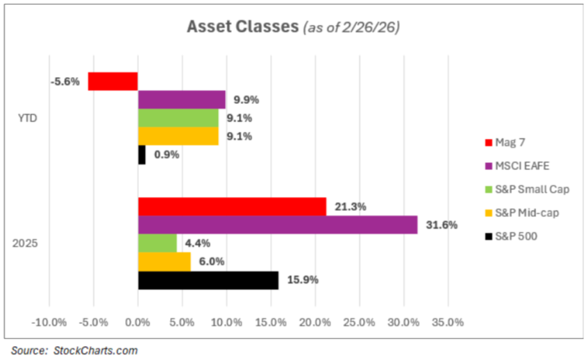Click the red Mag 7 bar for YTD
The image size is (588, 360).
point(112,81)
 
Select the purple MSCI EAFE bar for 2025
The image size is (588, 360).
point(278,225)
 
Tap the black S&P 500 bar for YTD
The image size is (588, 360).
point(142,155)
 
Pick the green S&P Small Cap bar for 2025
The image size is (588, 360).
point(158,243)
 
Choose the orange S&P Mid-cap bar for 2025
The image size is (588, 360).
point(165,262)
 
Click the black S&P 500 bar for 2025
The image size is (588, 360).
point(208,280)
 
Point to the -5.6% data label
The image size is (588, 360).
point(65,81)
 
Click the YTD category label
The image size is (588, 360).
point(27,118)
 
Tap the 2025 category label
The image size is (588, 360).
point(27,243)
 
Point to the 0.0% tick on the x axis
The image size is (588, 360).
point(137,323)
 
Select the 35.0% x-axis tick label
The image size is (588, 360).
point(448,323)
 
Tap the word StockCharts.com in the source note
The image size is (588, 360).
point(95,350)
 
